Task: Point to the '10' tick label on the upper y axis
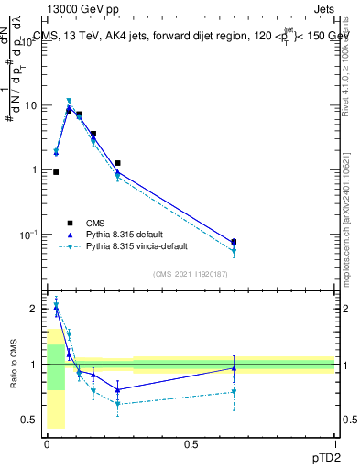30,105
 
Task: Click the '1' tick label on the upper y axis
34,170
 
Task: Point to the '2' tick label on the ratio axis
34,310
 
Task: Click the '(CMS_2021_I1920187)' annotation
190,274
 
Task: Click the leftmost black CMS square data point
56,172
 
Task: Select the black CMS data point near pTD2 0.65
234,242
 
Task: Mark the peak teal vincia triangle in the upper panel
69,102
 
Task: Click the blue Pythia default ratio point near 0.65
234,368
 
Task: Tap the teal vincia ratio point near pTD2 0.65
234,392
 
